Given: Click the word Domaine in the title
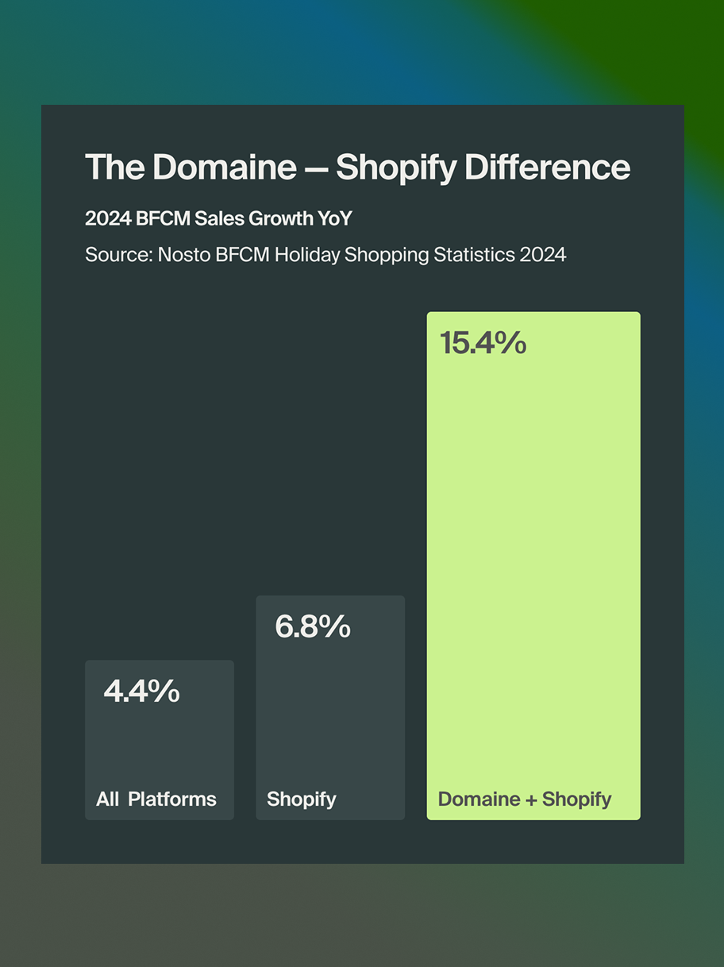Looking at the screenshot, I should coord(224,168).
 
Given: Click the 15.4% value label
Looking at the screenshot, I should coord(483,343).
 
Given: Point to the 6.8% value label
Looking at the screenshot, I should coord(313,626).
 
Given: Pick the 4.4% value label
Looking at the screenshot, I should coord(141,692).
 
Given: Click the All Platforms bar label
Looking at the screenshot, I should coord(156,799).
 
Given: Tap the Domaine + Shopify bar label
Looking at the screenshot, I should coord(525,799).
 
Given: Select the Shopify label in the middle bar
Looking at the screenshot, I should coord(302,799).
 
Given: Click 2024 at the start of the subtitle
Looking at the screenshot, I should coord(107,219).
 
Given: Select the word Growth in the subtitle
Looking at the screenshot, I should coord(276,219).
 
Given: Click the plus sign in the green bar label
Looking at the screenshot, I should coord(532,799).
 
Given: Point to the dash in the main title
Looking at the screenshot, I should coord(316,168).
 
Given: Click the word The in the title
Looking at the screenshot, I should coord(114,168).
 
